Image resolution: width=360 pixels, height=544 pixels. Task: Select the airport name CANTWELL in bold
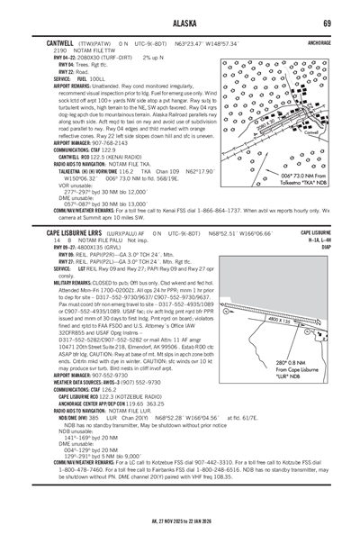42,41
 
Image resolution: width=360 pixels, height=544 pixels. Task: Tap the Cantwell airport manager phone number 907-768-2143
99,141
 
